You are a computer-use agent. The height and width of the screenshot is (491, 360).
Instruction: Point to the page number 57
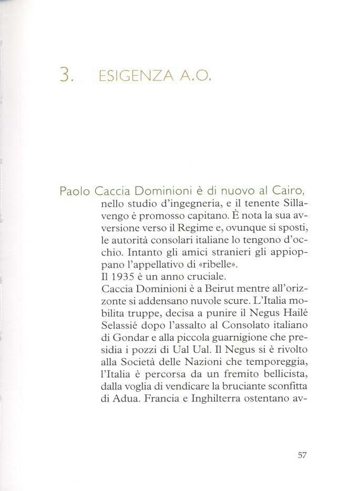(302, 455)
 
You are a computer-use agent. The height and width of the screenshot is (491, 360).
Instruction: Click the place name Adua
(122, 395)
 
